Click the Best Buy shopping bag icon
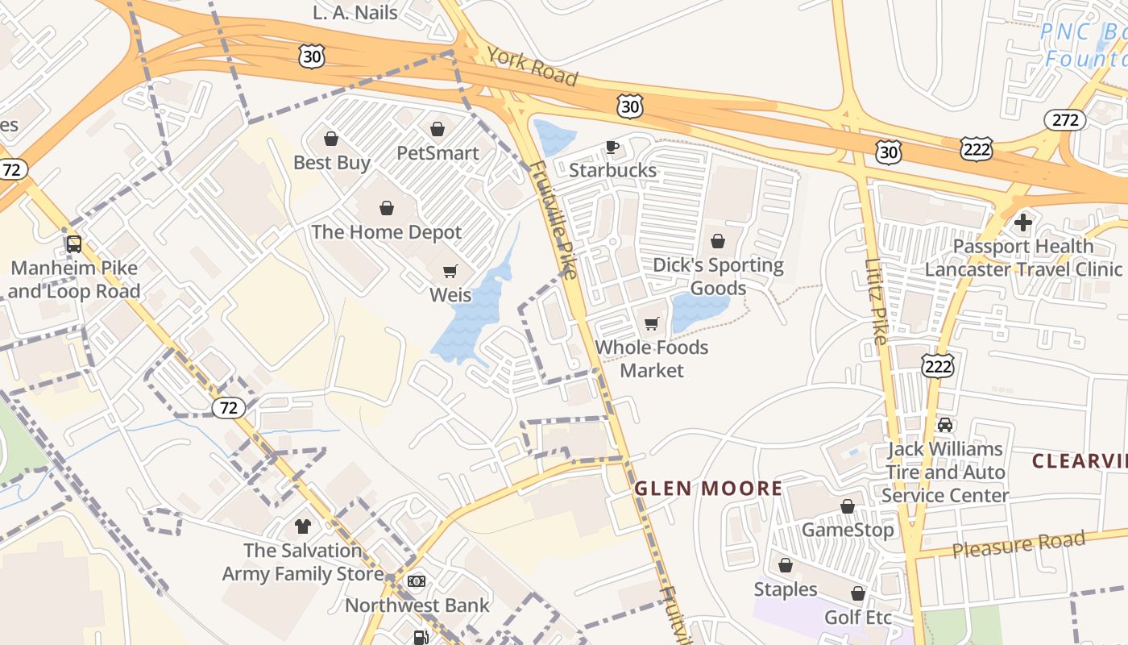330,139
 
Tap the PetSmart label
438,152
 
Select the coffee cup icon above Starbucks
612,147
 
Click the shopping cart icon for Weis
450,272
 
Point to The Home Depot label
387,232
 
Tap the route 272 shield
1065,120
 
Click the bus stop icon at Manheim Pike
74,243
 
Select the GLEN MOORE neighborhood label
708,488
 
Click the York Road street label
532,66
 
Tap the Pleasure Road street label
1018,544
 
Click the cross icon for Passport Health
1023,222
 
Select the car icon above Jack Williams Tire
945,425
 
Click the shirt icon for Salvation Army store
303,527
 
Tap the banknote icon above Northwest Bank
417,581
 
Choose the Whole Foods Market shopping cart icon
651,324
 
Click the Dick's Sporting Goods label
718,277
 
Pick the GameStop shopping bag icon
848,506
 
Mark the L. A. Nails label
355,12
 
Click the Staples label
786,589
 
